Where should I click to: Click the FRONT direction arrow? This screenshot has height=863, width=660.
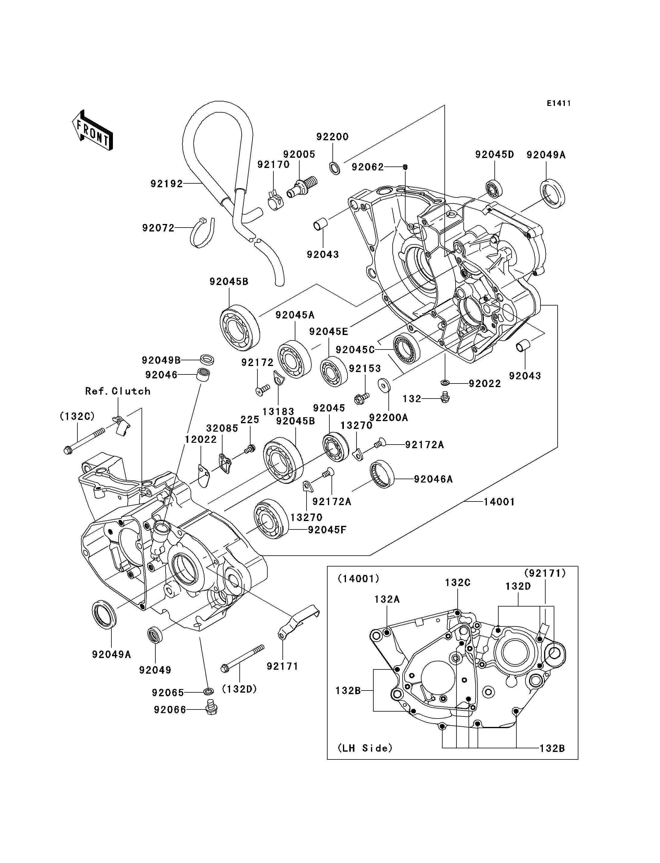click(x=92, y=131)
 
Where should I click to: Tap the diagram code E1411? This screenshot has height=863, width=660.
click(x=559, y=103)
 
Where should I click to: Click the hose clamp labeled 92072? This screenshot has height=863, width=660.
click(x=202, y=233)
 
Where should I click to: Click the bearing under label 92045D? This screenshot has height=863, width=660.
click(x=494, y=189)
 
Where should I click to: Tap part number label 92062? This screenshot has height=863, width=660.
click(x=367, y=167)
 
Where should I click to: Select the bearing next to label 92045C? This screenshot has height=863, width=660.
click(x=406, y=348)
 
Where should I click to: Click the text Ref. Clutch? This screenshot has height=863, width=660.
click(x=118, y=391)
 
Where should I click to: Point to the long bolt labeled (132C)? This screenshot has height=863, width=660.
click(x=85, y=441)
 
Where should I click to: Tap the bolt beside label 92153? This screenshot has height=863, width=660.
click(x=361, y=399)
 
